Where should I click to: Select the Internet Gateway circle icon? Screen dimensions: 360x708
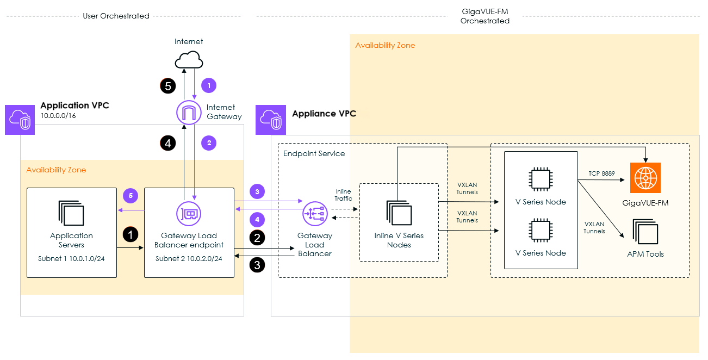click(x=189, y=113)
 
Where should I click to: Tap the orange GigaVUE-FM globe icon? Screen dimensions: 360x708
click(x=645, y=178)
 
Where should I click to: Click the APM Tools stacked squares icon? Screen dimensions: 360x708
click(x=644, y=232)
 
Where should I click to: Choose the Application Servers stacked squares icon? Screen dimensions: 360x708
click(x=71, y=214)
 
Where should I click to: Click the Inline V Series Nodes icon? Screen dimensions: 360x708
click(x=399, y=213)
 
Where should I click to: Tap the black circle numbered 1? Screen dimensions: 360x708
click(x=131, y=234)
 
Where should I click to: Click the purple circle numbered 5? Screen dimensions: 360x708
click(x=130, y=195)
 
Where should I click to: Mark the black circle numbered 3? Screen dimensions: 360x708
click(x=257, y=265)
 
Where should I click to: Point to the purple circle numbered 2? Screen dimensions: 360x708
click(x=209, y=144)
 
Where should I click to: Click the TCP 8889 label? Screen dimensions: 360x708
click(x=601, y=173)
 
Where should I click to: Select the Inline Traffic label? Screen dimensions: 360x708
click(x=343, y=195)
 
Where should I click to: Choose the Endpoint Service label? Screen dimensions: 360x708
click(x=314, y=153)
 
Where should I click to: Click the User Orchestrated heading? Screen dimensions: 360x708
click(x=116, y=16)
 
